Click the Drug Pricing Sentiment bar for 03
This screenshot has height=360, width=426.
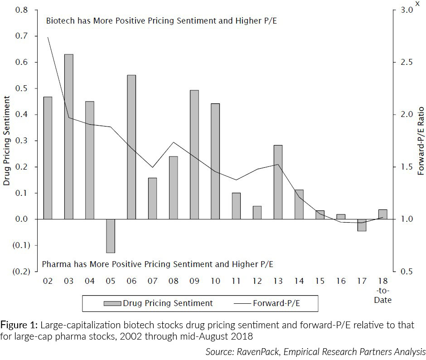point(68,136)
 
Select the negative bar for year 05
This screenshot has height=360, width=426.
point(111,236)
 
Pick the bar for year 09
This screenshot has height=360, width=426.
point(194,155)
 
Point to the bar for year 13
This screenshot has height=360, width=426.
point(278,182)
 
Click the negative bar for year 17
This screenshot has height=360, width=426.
point(362,225)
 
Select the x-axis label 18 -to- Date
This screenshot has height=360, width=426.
point(382,290)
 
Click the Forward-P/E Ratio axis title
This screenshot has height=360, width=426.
point(421,141)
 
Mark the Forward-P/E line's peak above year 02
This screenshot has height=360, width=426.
point(48,37)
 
